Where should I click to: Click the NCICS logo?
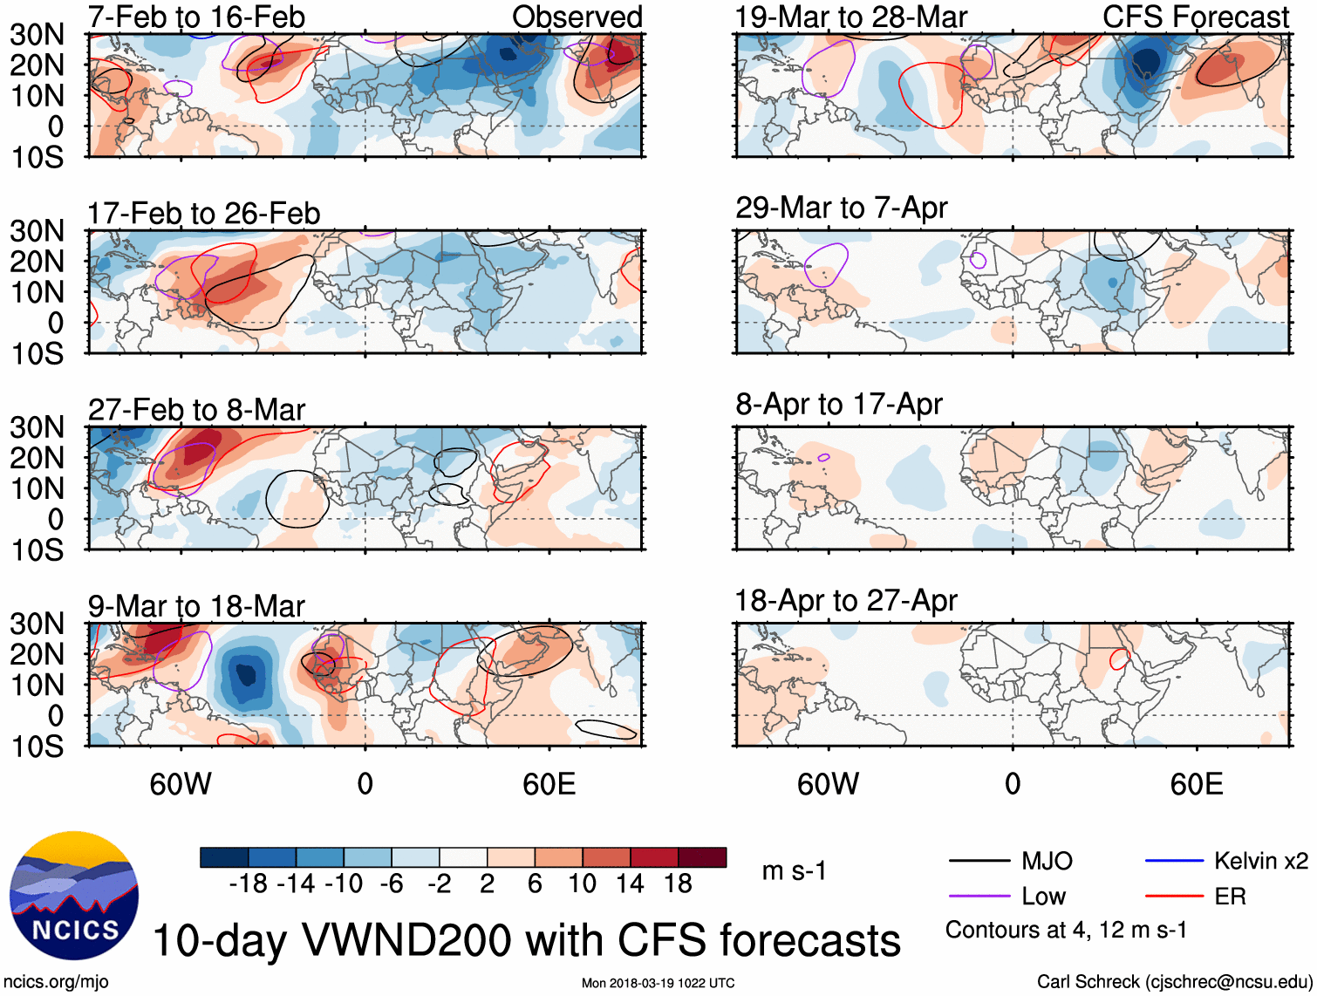coord(74,896)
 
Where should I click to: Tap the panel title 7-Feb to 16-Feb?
coord(196,17)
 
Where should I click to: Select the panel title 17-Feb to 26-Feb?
coord(203,214)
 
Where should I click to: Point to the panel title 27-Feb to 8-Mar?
coord(196,410)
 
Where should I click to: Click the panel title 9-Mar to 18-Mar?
coord(196,606)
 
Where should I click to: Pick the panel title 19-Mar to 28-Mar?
coord(851,17)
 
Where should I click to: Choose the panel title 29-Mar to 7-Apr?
coord(841,208)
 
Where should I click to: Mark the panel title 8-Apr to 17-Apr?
coord(838,405)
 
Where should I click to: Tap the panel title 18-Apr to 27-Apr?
coord(845,601)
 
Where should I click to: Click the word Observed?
coord(577,17)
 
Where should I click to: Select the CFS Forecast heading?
coord(1195,17)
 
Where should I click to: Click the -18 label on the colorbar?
coord(248,884)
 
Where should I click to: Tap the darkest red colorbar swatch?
coord(702,857)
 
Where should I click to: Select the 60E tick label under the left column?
coord(549,784)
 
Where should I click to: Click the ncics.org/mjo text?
coord(56,982)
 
